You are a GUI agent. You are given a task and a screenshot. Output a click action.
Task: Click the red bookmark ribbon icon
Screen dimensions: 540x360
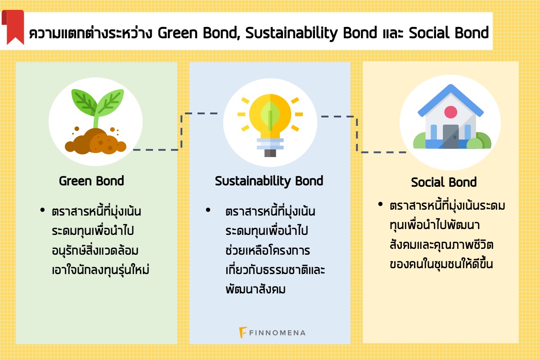[x=13, y=27]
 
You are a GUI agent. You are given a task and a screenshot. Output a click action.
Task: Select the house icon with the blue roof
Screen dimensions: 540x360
[x=451, y=117]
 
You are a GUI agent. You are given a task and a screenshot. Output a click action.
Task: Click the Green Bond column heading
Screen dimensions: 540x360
[x=91, y=181]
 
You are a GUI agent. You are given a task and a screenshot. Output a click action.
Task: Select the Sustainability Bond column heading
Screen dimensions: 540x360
[x=269, y=181]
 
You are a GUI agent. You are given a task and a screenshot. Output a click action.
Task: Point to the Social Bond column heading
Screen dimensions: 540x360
[x=444, y=182]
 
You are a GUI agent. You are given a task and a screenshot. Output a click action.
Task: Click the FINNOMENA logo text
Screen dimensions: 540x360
[x=277, y=333]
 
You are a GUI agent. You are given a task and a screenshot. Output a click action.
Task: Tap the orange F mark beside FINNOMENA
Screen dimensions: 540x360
[x=243, y=333]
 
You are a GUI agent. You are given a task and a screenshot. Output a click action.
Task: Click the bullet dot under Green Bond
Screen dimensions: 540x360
[x=43, y=210]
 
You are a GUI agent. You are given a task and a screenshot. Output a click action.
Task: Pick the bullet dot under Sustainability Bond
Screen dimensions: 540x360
[x=208, y=210]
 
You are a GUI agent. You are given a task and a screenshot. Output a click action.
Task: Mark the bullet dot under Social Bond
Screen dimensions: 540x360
[x=380, y=204]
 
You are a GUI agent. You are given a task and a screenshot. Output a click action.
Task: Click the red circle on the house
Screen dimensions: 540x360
[x=450, y=112]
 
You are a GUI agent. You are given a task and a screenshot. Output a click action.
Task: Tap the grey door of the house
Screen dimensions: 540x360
[x=450, y=136]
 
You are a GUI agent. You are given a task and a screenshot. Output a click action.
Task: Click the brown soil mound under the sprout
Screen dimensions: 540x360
[x=96, y=142]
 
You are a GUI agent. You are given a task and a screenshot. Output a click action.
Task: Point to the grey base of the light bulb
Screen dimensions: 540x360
[x=270, y=153]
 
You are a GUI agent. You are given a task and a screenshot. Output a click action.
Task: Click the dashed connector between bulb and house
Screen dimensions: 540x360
[x=357, y=134]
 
